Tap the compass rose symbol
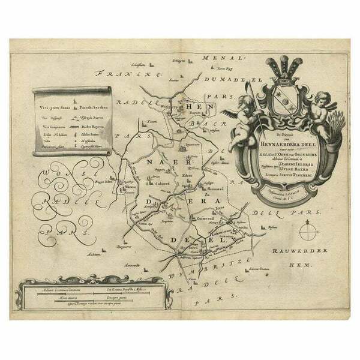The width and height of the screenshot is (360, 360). click(x=310, y=232)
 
